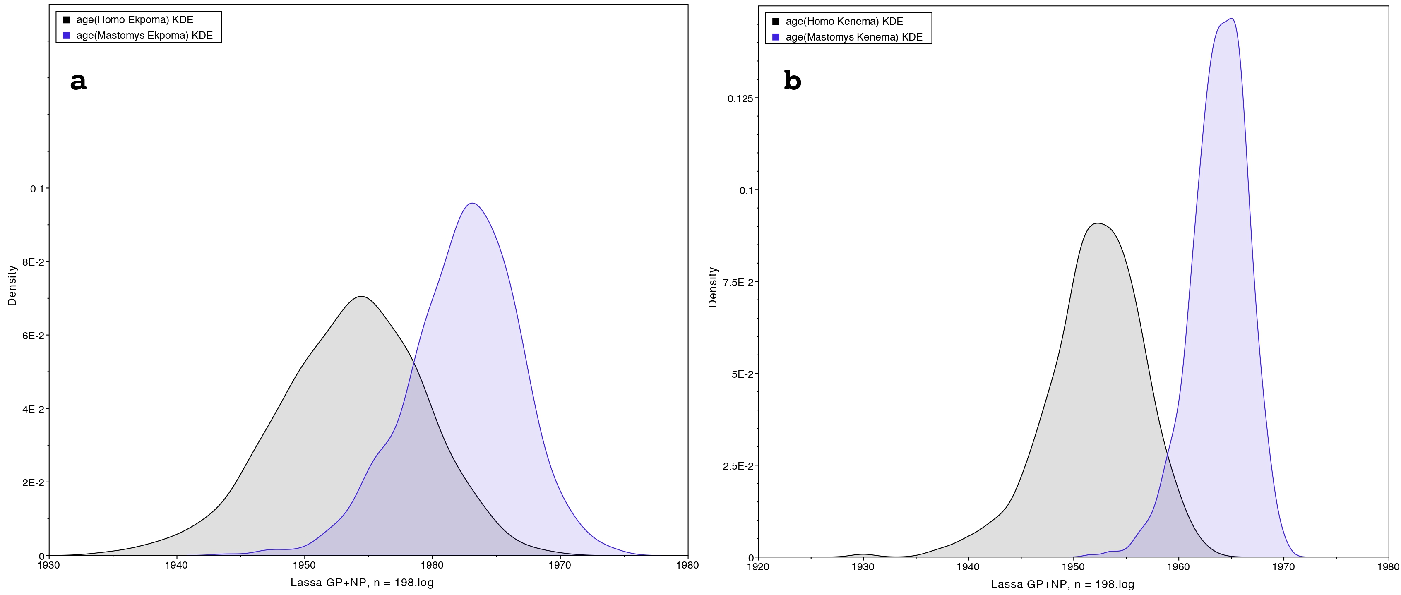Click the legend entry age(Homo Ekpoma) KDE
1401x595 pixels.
click(x=135, y=19)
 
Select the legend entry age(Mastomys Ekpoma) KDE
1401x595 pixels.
click(x=144, y=35)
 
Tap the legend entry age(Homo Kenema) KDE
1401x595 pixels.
click(x=844, y=21)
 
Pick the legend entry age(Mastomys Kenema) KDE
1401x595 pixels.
click(x=854, y=37)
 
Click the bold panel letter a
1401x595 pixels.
click(x=78, y=81)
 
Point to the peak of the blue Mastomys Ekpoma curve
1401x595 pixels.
click(x=472, y=204)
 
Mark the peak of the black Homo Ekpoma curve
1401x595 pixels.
click(x=360, y=296)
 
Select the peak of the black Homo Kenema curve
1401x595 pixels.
click(x=1098, y=223)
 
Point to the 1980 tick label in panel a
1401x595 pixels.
click(x=687, y=566)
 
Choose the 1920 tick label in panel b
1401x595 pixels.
click(x=758, y=567)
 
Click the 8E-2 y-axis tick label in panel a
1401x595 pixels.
click(x=33, y=262)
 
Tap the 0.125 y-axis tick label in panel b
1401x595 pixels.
click(x=740, y=98)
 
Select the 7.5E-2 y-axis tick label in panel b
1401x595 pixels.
click(x=738, y=282)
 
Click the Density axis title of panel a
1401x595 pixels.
click(x=12, y=286)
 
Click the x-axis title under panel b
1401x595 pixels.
click(x=1062, y=584)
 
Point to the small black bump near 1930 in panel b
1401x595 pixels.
click(x=863, y=554)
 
